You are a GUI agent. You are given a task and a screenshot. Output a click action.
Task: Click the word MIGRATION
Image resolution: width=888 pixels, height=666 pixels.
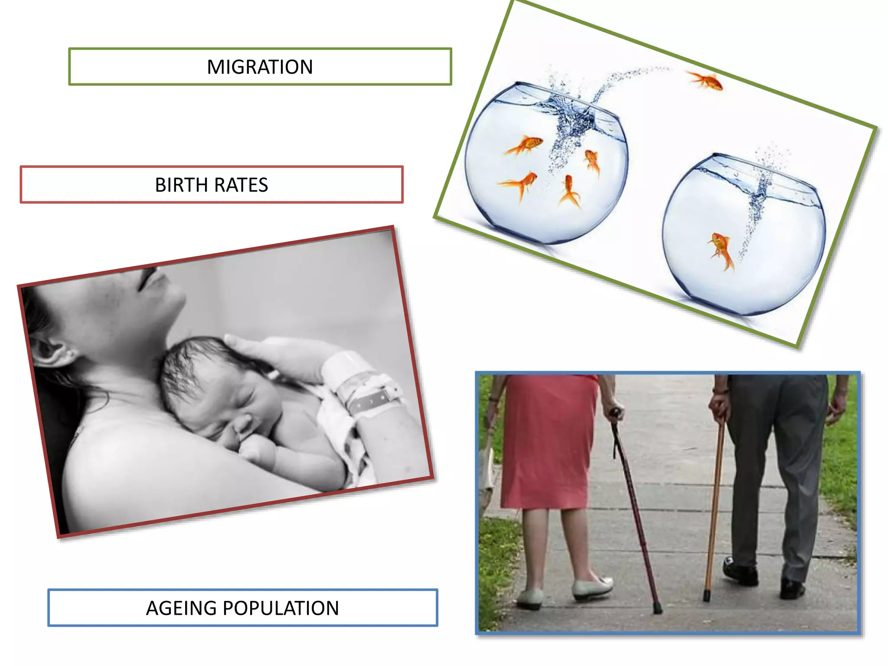click(260, 67)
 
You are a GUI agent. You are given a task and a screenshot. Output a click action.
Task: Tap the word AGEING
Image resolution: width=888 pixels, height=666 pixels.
click(181, 608)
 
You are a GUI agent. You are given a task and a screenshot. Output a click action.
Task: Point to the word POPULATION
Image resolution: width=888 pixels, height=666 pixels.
click(281, 608)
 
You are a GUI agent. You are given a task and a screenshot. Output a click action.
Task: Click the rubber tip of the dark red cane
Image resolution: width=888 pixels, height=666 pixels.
click(658, 609)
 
